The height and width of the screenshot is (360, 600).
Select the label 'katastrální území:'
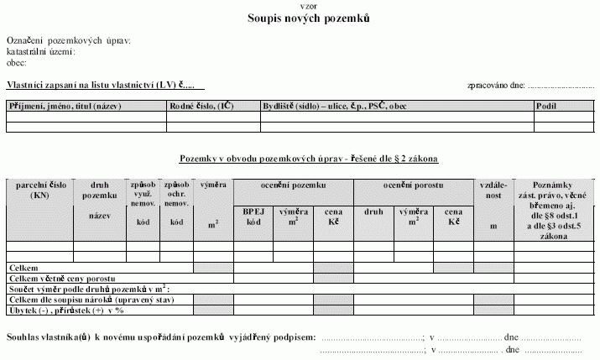(x=41, y=51)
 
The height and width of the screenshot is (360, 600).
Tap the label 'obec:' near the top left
(x=17, y=62)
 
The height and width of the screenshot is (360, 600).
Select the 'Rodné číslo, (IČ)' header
(x=201, y=107)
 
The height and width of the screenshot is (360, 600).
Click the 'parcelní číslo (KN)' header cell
(x=40, y=190)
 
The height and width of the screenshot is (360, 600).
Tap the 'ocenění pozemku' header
(x=293, y=184)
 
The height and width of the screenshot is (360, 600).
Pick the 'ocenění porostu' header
(x=414, y=184)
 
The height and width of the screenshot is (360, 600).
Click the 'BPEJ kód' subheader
(x=253, y=217)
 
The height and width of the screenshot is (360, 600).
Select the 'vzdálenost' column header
(x=493, y=189)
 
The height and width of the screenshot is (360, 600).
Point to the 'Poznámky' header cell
(x=550, y=185)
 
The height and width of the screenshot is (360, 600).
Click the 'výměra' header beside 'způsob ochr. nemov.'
(x=212, y=184)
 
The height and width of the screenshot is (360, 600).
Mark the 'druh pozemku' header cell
(x=99, y=190)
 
